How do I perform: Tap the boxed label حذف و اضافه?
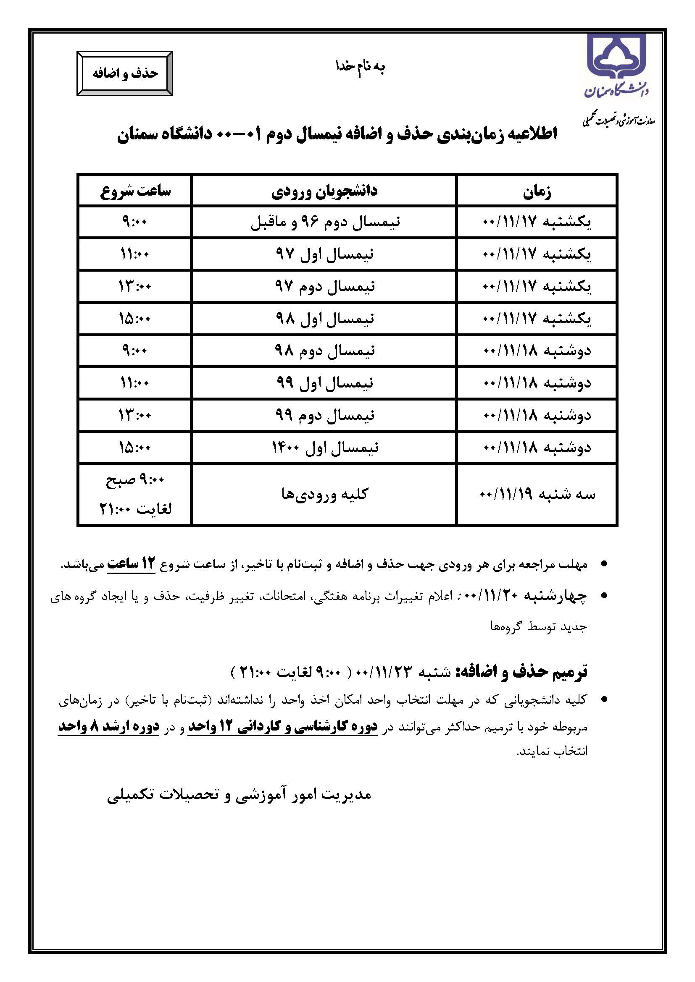pyautogui.click(x=125, y=73)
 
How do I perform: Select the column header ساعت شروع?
pyautogui.click(x=135, y=191)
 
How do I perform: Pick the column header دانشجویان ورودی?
pyautogui.click(x=324, y=191)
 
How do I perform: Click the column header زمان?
pyautogui.click(x=537, y=192)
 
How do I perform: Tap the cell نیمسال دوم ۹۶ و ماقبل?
pyautogui.click(x=325, y=223)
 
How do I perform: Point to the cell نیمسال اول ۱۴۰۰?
pyautogui.click(x=325, y=448)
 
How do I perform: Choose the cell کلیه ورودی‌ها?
pyautogui.click(x=324, y=494)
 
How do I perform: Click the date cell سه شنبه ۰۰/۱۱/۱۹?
pyautogui.click(x=537, y=495)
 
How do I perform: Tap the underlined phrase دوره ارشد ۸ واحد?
pyautogui.click(x=109, y=726)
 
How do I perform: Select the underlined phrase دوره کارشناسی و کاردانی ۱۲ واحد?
pyautogui.click(x=283, y=726)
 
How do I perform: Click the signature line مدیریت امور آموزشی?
pyautogui.click(x=239, y=795)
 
